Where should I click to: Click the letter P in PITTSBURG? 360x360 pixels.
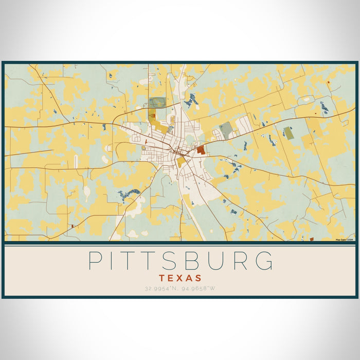(95, 261)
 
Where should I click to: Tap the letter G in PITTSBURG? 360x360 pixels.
(263, 261)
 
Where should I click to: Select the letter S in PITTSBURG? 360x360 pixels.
(169, 261)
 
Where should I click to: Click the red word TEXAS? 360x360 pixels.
(180, 278)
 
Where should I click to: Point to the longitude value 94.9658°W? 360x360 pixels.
(198, 288)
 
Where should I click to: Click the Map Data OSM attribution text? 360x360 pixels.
(345, 239)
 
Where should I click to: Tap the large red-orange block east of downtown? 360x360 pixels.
(201, 150)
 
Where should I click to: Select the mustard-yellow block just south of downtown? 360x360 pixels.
(181, 161)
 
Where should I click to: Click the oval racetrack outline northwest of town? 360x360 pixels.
(157, 102)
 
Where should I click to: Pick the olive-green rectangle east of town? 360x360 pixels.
(289, 133)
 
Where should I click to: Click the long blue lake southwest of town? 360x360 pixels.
(129, 193)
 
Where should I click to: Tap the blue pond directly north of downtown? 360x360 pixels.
(192, 100)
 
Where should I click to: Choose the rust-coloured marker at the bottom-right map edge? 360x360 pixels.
(312, 239)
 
